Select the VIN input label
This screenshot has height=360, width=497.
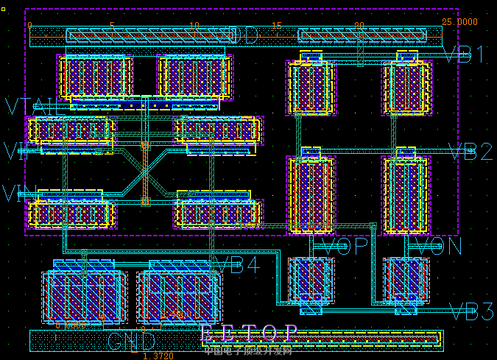click(x=15, y=152)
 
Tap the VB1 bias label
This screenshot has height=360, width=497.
click(x=465, y=55)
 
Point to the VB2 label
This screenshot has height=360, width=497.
click(x=470, y=152)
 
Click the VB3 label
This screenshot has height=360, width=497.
click(x=472, y=312)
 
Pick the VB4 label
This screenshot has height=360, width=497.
click(x=237, y=265)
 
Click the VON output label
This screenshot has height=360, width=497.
click(x=440, y=247)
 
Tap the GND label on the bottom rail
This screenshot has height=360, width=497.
click(x=132, y=342)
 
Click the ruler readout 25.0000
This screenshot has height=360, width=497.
click(x=459, y=22)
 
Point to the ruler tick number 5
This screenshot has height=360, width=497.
click(x=112, y=26)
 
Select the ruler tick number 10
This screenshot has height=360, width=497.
click(x=194, y=26)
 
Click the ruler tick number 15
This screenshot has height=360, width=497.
click(x=276, y=26)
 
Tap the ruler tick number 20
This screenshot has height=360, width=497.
click(x=359, y=26)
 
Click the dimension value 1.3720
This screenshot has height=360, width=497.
click(x=158, y=356)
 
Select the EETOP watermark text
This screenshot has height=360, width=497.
click(x=250, y=333)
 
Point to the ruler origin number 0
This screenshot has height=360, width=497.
click(x=29, y=26)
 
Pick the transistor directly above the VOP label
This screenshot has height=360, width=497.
click(x=311, y=195)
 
